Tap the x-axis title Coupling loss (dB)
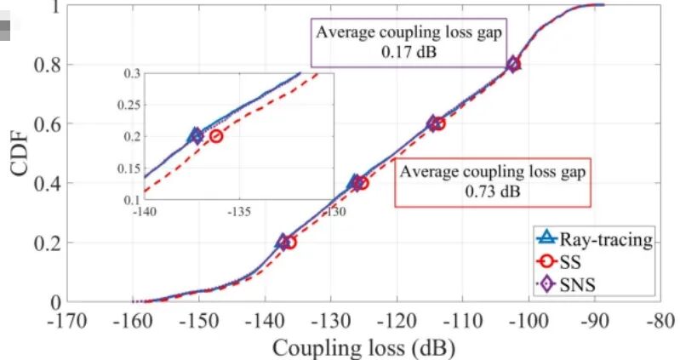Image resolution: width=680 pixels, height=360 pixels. pyautogui.click(x=363, y=347)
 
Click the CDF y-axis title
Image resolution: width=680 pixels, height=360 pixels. pyautogui.click(x=21, y=152)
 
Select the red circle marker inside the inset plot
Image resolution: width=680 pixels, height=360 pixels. pyautogui.click(x=216, y=135)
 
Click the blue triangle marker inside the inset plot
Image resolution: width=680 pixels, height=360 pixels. pyautogui.click(x=196, y=134)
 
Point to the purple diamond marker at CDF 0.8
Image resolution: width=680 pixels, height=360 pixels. pyautogui.click(x=513, y=64)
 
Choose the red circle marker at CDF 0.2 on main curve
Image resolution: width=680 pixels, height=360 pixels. pyautogui.click(x=289, y=243)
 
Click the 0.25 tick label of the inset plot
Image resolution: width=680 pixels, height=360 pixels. pyautogui.click(x=128, y=105)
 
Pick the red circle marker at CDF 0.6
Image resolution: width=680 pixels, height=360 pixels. pyautogui.click(x=438, y=123)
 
